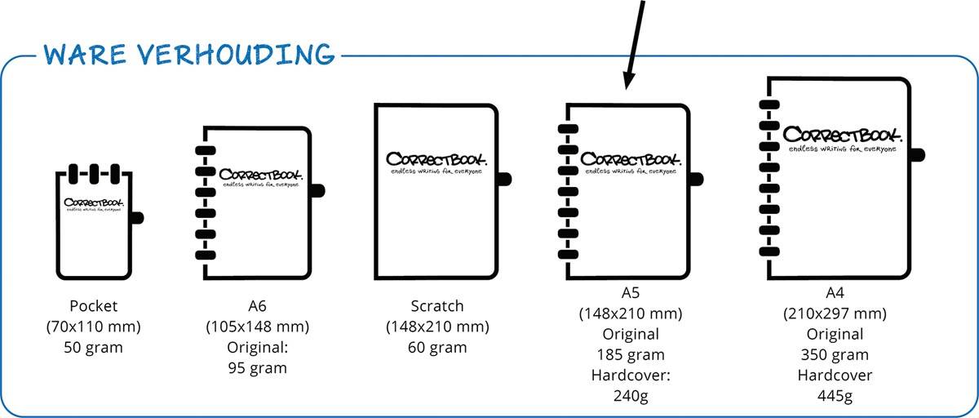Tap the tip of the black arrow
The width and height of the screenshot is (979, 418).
[x=626, y=87]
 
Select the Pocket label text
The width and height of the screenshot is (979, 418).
[x=94, y=306]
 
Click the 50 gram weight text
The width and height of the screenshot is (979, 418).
[x=94, y=347]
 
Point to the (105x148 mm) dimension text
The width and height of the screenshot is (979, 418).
[x=258, y=327]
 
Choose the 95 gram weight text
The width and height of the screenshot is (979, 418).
[x=258, y=367]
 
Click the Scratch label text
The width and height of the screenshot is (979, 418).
[x=437, y=306]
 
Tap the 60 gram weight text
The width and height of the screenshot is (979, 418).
[x=437, y=347]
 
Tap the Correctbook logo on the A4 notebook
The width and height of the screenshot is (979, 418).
[x=842, y=135]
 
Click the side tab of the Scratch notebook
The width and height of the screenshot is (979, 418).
[x=504, y=177]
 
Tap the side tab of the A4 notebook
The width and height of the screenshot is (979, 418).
[x=917, y=153]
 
